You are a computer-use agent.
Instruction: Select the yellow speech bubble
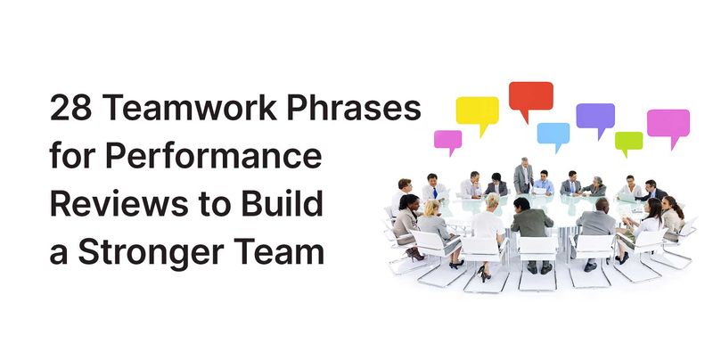tap(477, 111)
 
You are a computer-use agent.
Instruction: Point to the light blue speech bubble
tap(553, 135)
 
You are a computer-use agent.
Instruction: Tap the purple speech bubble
tap(594, 115)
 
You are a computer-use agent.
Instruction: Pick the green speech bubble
tap(628, 141)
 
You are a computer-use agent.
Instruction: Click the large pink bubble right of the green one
tap(668, 122)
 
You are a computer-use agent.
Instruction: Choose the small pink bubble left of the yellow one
tap(447, 138)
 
